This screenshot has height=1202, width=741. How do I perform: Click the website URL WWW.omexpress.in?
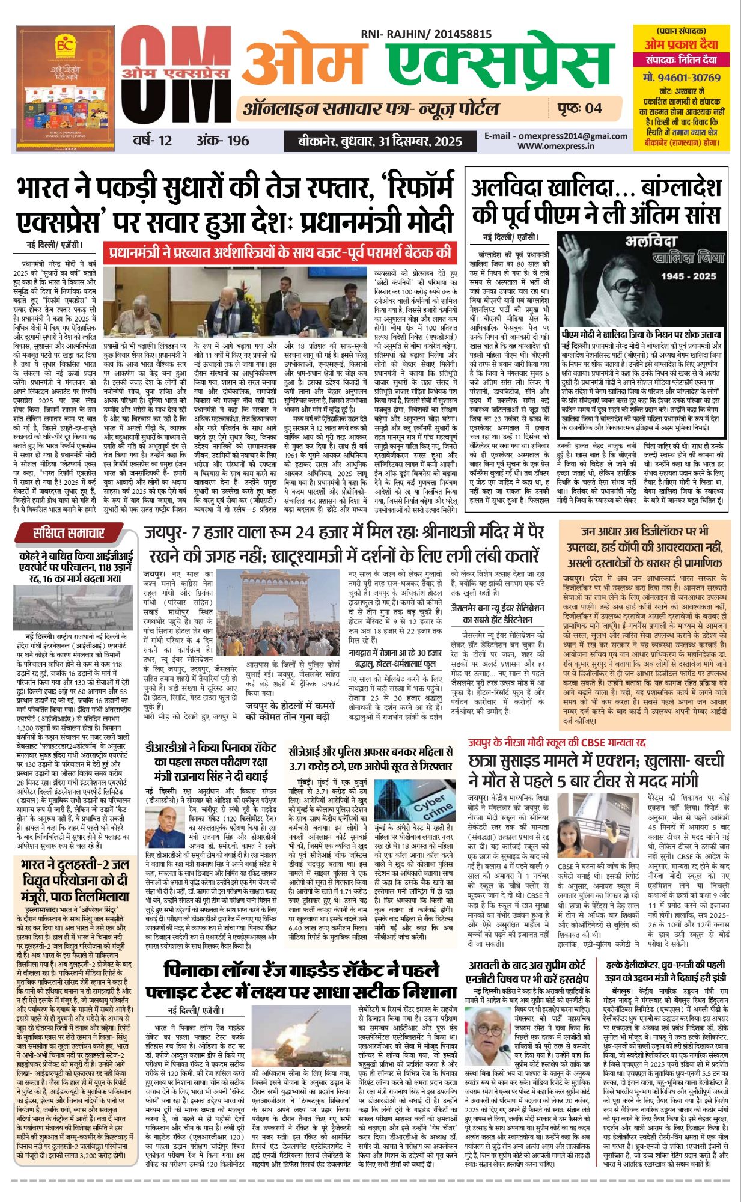tap(556, 145)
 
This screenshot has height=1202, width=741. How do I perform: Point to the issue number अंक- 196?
tap(222, 141)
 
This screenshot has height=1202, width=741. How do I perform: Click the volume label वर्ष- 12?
tap(153, 141)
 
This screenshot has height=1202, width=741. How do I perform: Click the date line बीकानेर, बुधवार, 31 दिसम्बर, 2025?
tap(380, 142)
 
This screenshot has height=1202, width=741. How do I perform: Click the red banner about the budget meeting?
tap(279, 252)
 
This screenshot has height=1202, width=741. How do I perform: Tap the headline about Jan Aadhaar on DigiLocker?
tap(644, 547)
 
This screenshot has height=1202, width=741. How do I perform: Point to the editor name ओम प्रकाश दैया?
tap(681, 44)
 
